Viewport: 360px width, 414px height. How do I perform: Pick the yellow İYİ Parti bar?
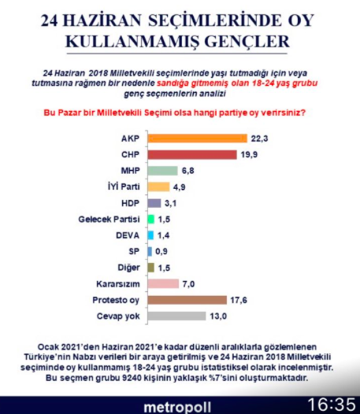(158, 187)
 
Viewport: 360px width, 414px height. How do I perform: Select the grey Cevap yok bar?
(177, 316)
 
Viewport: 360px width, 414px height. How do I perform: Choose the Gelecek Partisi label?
(112, 219)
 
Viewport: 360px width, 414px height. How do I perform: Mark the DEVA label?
(128, 235)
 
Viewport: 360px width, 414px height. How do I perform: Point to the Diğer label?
(128, 267)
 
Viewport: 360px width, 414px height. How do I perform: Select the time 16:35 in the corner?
(332, 405)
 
